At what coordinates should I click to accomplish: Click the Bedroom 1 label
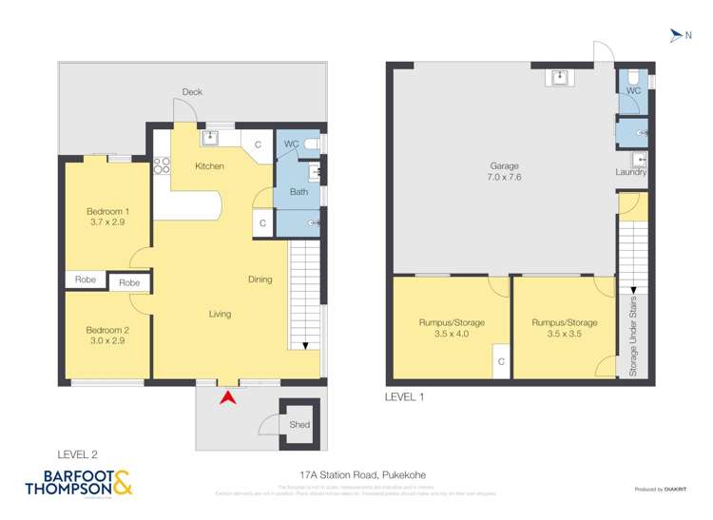[107, 216]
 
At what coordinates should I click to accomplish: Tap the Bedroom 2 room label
[107, 336]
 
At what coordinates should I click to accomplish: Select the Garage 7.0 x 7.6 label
[504, 171]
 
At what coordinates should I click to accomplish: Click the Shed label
[299, 425]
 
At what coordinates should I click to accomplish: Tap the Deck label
[193, 92]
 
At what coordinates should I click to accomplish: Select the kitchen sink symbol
[209, 139]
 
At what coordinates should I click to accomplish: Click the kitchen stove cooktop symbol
[163, 166]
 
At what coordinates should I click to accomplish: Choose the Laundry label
[631, 172]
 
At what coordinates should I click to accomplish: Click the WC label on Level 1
[632, 89]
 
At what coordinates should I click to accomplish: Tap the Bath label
[298, 192]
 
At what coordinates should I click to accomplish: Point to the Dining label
[260, 279]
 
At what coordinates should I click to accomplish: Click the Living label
[220, 314]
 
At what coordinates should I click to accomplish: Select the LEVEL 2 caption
[77, 455]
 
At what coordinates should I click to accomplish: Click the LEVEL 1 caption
[405, 396]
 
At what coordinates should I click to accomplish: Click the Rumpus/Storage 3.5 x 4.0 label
[452, 328]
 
